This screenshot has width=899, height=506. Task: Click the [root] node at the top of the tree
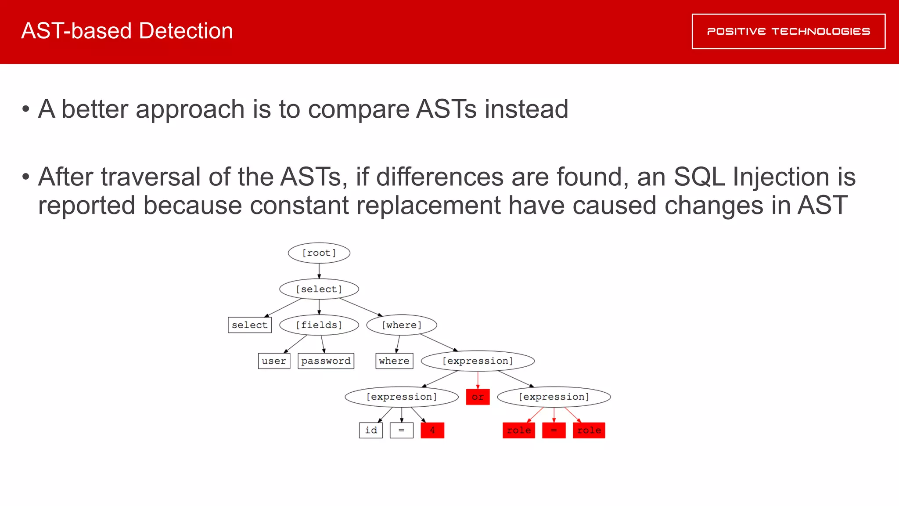pyautogui.click(x=319, y=253)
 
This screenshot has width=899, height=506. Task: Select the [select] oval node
pyautogui.click(x=319, y=289)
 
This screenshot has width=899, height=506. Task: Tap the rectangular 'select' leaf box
pyautogui.click(x=250, y=325)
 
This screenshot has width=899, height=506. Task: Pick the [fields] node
pyautogui.click(x=319, y=325)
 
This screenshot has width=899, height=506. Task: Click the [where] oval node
pyautogui.click(x=402, y=325)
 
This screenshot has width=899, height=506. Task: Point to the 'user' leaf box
pyautogui.click(x=274, y=361)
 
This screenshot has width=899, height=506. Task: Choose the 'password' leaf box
pyautogui.click(x=326, y=361)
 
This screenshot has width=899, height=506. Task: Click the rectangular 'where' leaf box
pyautogui.click(x=394, y=361)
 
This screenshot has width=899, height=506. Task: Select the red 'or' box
pyautogui.click(x=478, y=397)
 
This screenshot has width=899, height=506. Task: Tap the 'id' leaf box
pyautogui.click(x=371, y=430)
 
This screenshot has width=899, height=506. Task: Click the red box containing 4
pyautogui.click(x=432, y=430)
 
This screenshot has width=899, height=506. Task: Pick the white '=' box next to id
pyautogui.click(x=402, y=430)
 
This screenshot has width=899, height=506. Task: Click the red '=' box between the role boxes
pyautogui.click(x=554, y=430)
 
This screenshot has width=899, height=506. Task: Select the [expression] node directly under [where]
pyautogui.click(x=478, y=361)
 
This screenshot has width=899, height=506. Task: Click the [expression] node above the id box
pyautogui.click(x=402, y=397)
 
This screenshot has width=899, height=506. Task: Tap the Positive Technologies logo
pyautogui.click(x=788, y=32)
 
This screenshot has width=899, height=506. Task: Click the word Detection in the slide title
pyautogui.click(x=186, y=31)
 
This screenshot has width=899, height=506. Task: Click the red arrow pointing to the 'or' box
pyautogui.click(x=478, y=380)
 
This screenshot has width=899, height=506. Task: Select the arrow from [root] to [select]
pyautogui.click(x=319, y=271)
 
